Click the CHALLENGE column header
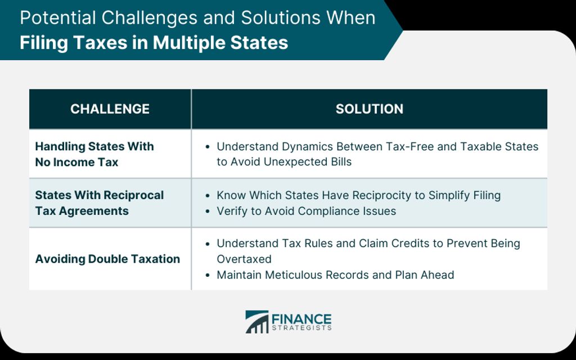click(110, 109)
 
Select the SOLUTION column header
click(369, 109)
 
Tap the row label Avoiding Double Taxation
click(107, 259)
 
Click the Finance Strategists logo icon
click(256, 322)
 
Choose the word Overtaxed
click(244, 259)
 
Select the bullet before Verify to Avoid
click(208, 211)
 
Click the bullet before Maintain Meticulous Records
click(208, 275)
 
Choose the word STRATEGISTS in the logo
click(301, 328)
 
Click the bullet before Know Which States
click(208, 196)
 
